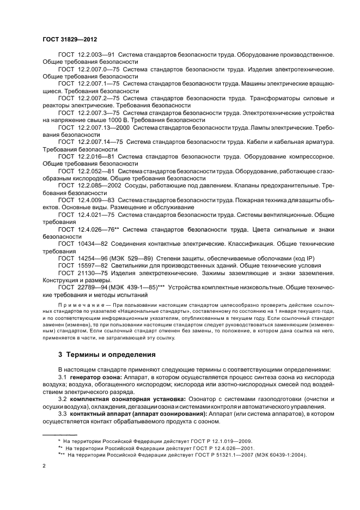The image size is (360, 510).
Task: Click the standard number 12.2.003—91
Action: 96,55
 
